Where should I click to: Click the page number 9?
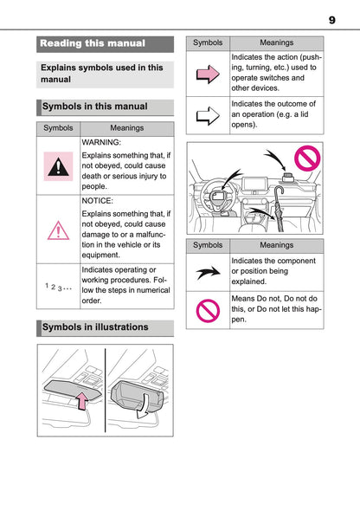click(x=332, y=18)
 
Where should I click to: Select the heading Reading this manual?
click(x=93, y=43)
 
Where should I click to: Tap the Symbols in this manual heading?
click(x=95, y=107)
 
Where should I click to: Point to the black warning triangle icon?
click(x=58, y=165)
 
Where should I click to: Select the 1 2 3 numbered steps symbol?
click(x=58, y=285)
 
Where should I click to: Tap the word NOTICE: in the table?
click(x=98, y=199)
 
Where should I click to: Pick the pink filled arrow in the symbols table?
click(x=207, y=73)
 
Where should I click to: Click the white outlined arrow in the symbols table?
click(x=207, y=115)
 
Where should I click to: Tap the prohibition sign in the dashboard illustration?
click(x=307, y=160)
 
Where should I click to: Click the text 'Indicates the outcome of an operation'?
click(x=275, y=114)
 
